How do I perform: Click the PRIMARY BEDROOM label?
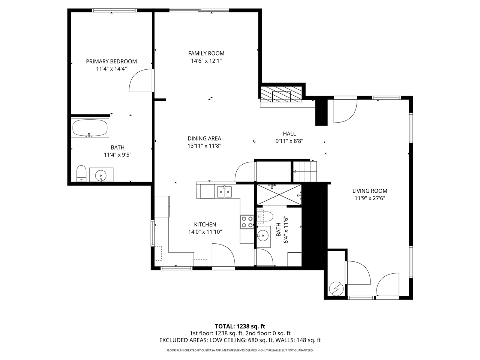tap(111, 61)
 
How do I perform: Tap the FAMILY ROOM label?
tap(206, 53)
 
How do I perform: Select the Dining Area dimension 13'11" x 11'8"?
tap(204, 146)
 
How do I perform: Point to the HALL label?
tap(289, 133)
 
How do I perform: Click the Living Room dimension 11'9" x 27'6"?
tap(370, 198)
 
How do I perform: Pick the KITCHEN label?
tap(205, 225)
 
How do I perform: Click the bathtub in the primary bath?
tap(90, 128)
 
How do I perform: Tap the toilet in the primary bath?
tap(82, 173)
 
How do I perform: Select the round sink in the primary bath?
tap(101, 175)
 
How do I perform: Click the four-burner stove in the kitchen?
tap(247, 222)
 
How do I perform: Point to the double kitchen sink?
tap(224, 192)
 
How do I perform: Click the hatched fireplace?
tap(281, 94)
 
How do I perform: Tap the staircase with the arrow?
tap(305, 172)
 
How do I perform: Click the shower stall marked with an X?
tap(279, 195)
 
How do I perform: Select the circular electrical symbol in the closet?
tap(336, 289)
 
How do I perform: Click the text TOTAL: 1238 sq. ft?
tap(240, 326)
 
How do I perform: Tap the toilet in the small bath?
tap(265, 217)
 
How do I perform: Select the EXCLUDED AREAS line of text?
tap(240, 340)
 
